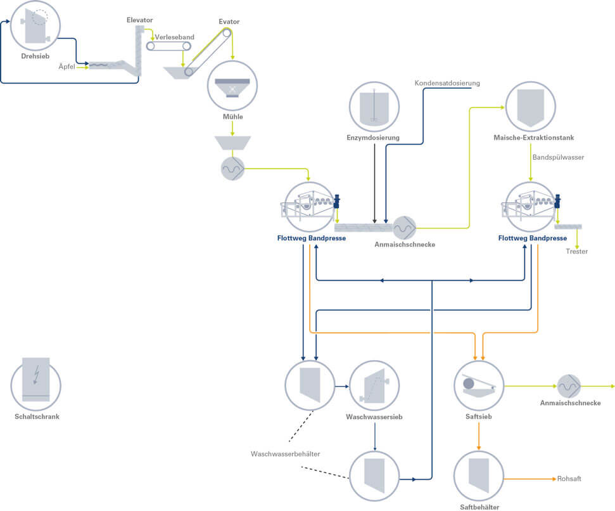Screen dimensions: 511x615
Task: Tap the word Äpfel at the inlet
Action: (x=67, y=65)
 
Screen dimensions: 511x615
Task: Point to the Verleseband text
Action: (x=174, y=37)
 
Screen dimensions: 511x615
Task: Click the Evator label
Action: (x=229, y=22)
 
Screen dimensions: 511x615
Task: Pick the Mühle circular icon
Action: (x=232, y=86)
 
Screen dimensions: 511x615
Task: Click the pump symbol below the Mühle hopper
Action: (x=232, y=168)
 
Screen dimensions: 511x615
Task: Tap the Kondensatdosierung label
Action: (x=447, y=83)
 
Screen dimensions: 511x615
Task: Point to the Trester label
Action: (x=576, y=252)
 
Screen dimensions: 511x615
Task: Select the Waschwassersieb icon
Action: (x=374, y=385)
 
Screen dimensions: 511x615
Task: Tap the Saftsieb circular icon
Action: (x=478, y=385)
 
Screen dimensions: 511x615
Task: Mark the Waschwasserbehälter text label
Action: (x=285, y=454)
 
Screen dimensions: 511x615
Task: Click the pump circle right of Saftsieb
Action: (x=569, y=385)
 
